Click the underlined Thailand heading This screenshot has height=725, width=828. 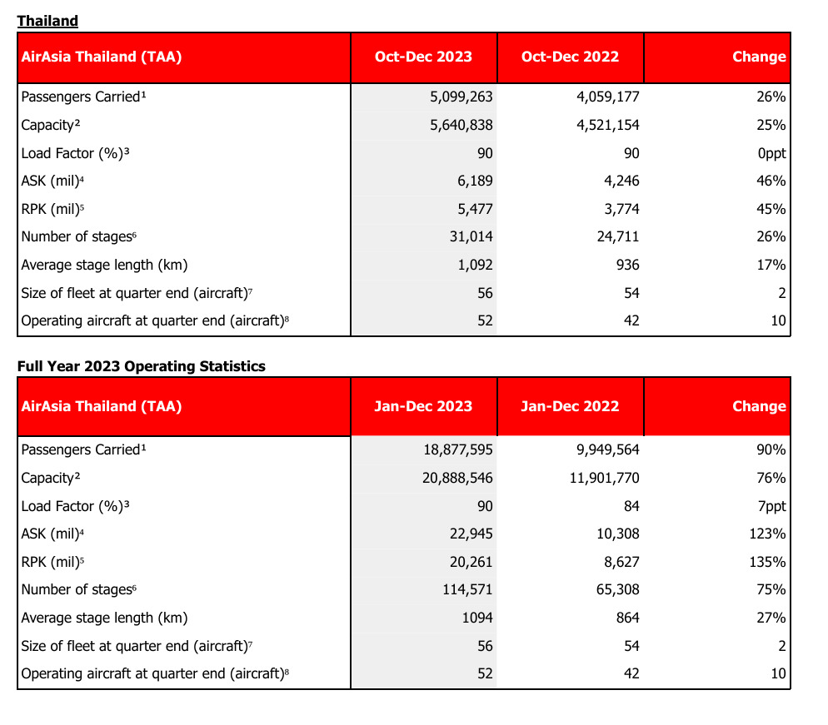(47, 21)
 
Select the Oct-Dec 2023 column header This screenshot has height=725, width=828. (423, 57)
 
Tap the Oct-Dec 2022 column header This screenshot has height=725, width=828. (571, 57)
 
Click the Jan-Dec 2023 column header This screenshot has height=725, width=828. (423, 406)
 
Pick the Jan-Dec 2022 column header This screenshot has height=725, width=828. (571, 406)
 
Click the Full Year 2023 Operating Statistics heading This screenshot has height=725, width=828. (142, 366)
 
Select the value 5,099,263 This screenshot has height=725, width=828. (461, 97)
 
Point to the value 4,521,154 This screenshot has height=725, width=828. (608, 125)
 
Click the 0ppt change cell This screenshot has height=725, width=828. (771, 153)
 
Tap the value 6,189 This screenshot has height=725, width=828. (475, 181)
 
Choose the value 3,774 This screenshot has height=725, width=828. (621, 210)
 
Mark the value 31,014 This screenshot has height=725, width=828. (471, 236)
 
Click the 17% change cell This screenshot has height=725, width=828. (771, 265)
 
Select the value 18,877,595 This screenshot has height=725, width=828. (458, 449)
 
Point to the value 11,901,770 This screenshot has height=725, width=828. (604, 478)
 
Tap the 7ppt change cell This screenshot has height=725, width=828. (771, 507)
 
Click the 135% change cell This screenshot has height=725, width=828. (767, 562)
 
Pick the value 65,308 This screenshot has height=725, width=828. (618, 589)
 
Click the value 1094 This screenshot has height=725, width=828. (477, 618)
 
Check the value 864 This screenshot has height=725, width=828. (628, 618)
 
